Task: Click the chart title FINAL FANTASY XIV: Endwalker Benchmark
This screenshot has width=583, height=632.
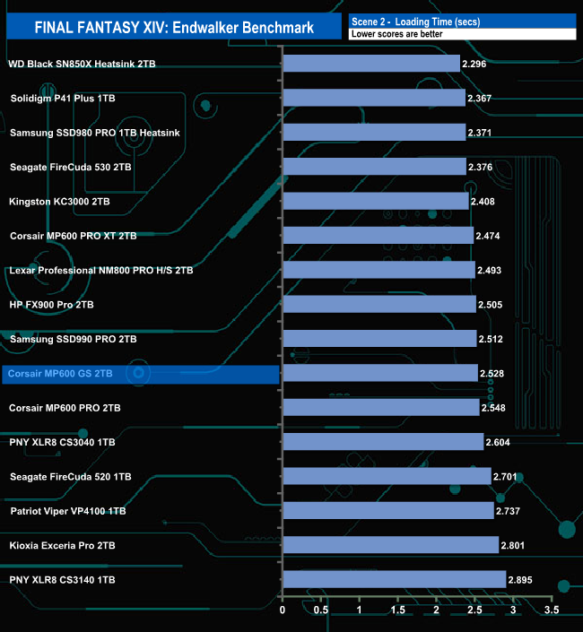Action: tap(174, 27)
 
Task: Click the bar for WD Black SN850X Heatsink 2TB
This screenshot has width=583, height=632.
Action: tap(370, 64)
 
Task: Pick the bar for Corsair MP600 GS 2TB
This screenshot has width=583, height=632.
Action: tap(380, 373)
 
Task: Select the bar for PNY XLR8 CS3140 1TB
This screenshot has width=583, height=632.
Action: tap(394, 579)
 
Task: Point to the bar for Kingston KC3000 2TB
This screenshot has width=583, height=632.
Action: tap(375, 201)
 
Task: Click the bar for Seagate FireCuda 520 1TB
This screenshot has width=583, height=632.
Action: tap(387, 476)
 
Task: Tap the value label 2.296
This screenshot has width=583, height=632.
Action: tap(475, 65)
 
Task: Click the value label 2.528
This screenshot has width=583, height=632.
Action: tap(495, 374)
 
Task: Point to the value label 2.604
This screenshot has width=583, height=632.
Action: tap(500, 442)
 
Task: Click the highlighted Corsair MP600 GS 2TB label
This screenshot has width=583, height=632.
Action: tap(60, 373)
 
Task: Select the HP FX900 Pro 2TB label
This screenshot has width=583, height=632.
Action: tap(51, 305)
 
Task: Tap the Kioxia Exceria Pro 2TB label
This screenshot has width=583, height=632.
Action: tap(63, 545)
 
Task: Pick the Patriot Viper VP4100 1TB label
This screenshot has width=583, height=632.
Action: tap(68, 511)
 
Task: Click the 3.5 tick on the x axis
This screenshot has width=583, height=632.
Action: tap(552, 610)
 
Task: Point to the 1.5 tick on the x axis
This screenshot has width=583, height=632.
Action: tap(398, 610)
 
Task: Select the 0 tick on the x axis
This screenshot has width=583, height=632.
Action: tap(283, 610)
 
